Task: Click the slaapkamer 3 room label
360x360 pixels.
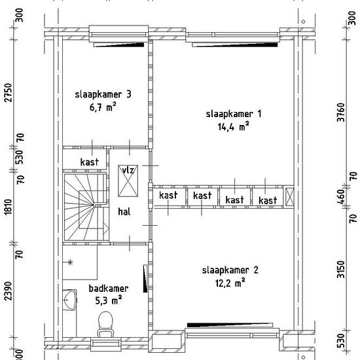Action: pyautogui.click(x=103, y=94)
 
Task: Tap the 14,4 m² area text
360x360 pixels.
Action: pyautogui.click(x=233, y=126)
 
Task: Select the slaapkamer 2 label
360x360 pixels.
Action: pyautogui.click(x=230, y=270)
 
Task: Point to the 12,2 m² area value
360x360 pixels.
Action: pyautogui.click(x=230, y=283)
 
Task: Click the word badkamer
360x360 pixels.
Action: pyautogui.click(x=109, y=289)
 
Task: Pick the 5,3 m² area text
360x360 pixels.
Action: pyautogui.click(x=109, y=300)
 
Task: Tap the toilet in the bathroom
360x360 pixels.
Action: pyautogui.click(x=105, y=324)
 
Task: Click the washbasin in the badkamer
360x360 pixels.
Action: pyautogui.click(x=70, y=300)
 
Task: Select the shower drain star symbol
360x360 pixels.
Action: pyautogui.click(x=70, y=262)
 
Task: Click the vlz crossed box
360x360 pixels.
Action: pyautogui.click(x=128, y=181)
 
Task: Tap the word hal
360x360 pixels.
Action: pyautogui.click(x=124, y=211)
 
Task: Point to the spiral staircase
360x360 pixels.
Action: pyautogui.click(x=85, y=207)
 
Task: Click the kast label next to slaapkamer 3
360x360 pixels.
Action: pyautogui.click(x=90, y=162)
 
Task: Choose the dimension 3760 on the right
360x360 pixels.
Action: pyautogui.click(x=341, y=113)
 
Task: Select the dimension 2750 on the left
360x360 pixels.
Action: pyautogui.click(x=9, y=92)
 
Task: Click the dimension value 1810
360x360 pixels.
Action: pyautogui.click(x=9, y=207)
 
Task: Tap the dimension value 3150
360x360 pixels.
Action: pyautogui.click(x=341, y=269)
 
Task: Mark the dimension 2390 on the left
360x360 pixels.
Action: pyautogui.click(x=9, y=291)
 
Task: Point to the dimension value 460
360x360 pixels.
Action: pyautogui.click(x=341, y=196)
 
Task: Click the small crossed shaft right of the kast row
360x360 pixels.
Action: pyautogui.click(x=289, y=196)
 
